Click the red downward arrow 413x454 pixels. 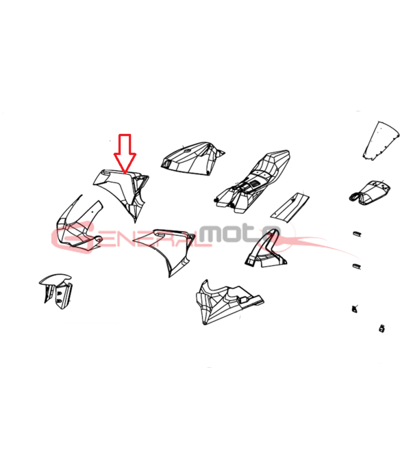tap(125, 153)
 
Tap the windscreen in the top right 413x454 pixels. tap(381, 141)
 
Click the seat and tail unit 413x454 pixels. tap(252, 182)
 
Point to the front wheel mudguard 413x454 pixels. tap(56, 291)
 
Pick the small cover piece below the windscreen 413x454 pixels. tap(369, 192)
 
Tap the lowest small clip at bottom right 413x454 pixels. tap(382, 329)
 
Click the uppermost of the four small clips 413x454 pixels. tap(357, 233)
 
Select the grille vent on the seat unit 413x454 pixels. tap(255, 184)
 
